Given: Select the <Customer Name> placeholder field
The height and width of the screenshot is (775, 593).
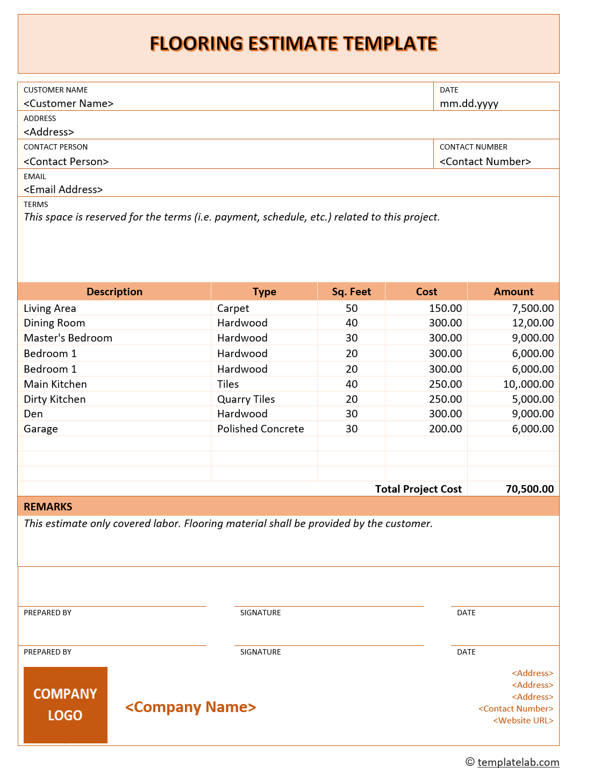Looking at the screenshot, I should click(68, 103).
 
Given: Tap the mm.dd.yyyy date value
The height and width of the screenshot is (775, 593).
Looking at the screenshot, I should click(469, 103).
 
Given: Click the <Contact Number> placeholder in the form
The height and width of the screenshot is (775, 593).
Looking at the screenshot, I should click(485, 161).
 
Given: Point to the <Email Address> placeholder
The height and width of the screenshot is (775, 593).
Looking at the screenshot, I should click(63, 189).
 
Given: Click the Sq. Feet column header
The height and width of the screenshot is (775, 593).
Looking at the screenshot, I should click(351, 291).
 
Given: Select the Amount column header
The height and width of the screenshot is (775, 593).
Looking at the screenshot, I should click(513, 291).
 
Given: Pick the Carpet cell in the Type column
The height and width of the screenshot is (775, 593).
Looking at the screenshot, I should click(233, 308).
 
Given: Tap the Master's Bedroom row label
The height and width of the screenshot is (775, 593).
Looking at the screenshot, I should click(68, 338).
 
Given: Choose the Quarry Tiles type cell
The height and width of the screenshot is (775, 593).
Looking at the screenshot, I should click(246, 399).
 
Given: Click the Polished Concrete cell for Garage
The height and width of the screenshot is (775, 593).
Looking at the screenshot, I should click(260, 429).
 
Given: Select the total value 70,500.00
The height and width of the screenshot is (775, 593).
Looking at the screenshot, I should click(530, 489).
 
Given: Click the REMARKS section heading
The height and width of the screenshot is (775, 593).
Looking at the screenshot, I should click(48, 507).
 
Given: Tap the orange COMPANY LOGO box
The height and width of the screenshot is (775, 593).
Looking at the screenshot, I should click(65, 705).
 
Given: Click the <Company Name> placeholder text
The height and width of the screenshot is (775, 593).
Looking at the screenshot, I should click(190, 707).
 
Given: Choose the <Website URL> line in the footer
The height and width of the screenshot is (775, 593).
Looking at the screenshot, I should click(523, 721).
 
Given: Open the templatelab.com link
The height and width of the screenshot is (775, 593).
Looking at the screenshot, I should click(518, 762).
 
